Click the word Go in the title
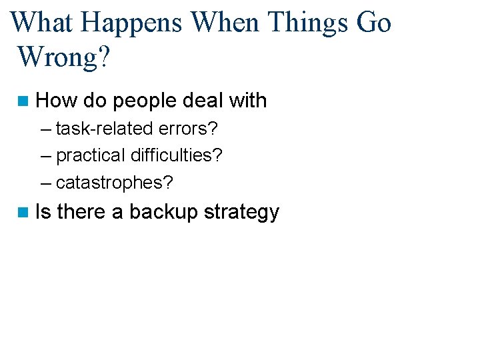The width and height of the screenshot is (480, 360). coord(374,23)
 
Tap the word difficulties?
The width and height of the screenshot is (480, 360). coord(177,155)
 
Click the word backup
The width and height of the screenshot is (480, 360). coord(163,213)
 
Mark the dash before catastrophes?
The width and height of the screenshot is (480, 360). coord(45,182)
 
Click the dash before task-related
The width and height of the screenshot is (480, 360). coord(45,128)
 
